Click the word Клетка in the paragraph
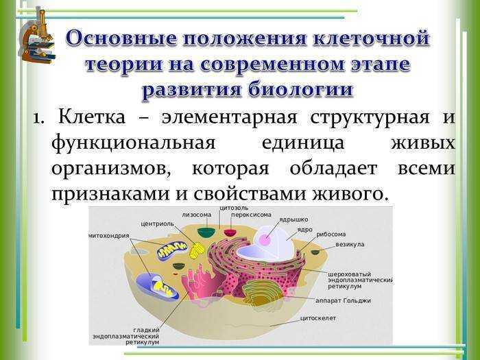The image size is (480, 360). coord(91,117)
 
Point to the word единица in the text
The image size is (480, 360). coord(303,143)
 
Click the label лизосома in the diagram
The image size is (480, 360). coord(197,215)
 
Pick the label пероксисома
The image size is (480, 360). coord(251,215)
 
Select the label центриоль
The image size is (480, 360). coord(157,224)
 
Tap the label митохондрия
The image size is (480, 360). coord(109,236)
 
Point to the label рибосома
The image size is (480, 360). coord(331,235)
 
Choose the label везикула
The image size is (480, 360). coord(350,245)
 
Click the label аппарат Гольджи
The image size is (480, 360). coord(343,301)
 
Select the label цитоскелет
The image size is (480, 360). coord(317,318)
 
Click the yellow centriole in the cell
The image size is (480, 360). coord(196,250)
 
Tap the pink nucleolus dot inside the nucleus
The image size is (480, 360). coord(265,239)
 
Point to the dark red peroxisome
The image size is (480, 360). coord(230,232)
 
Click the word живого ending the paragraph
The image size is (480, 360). coord(350,193)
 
